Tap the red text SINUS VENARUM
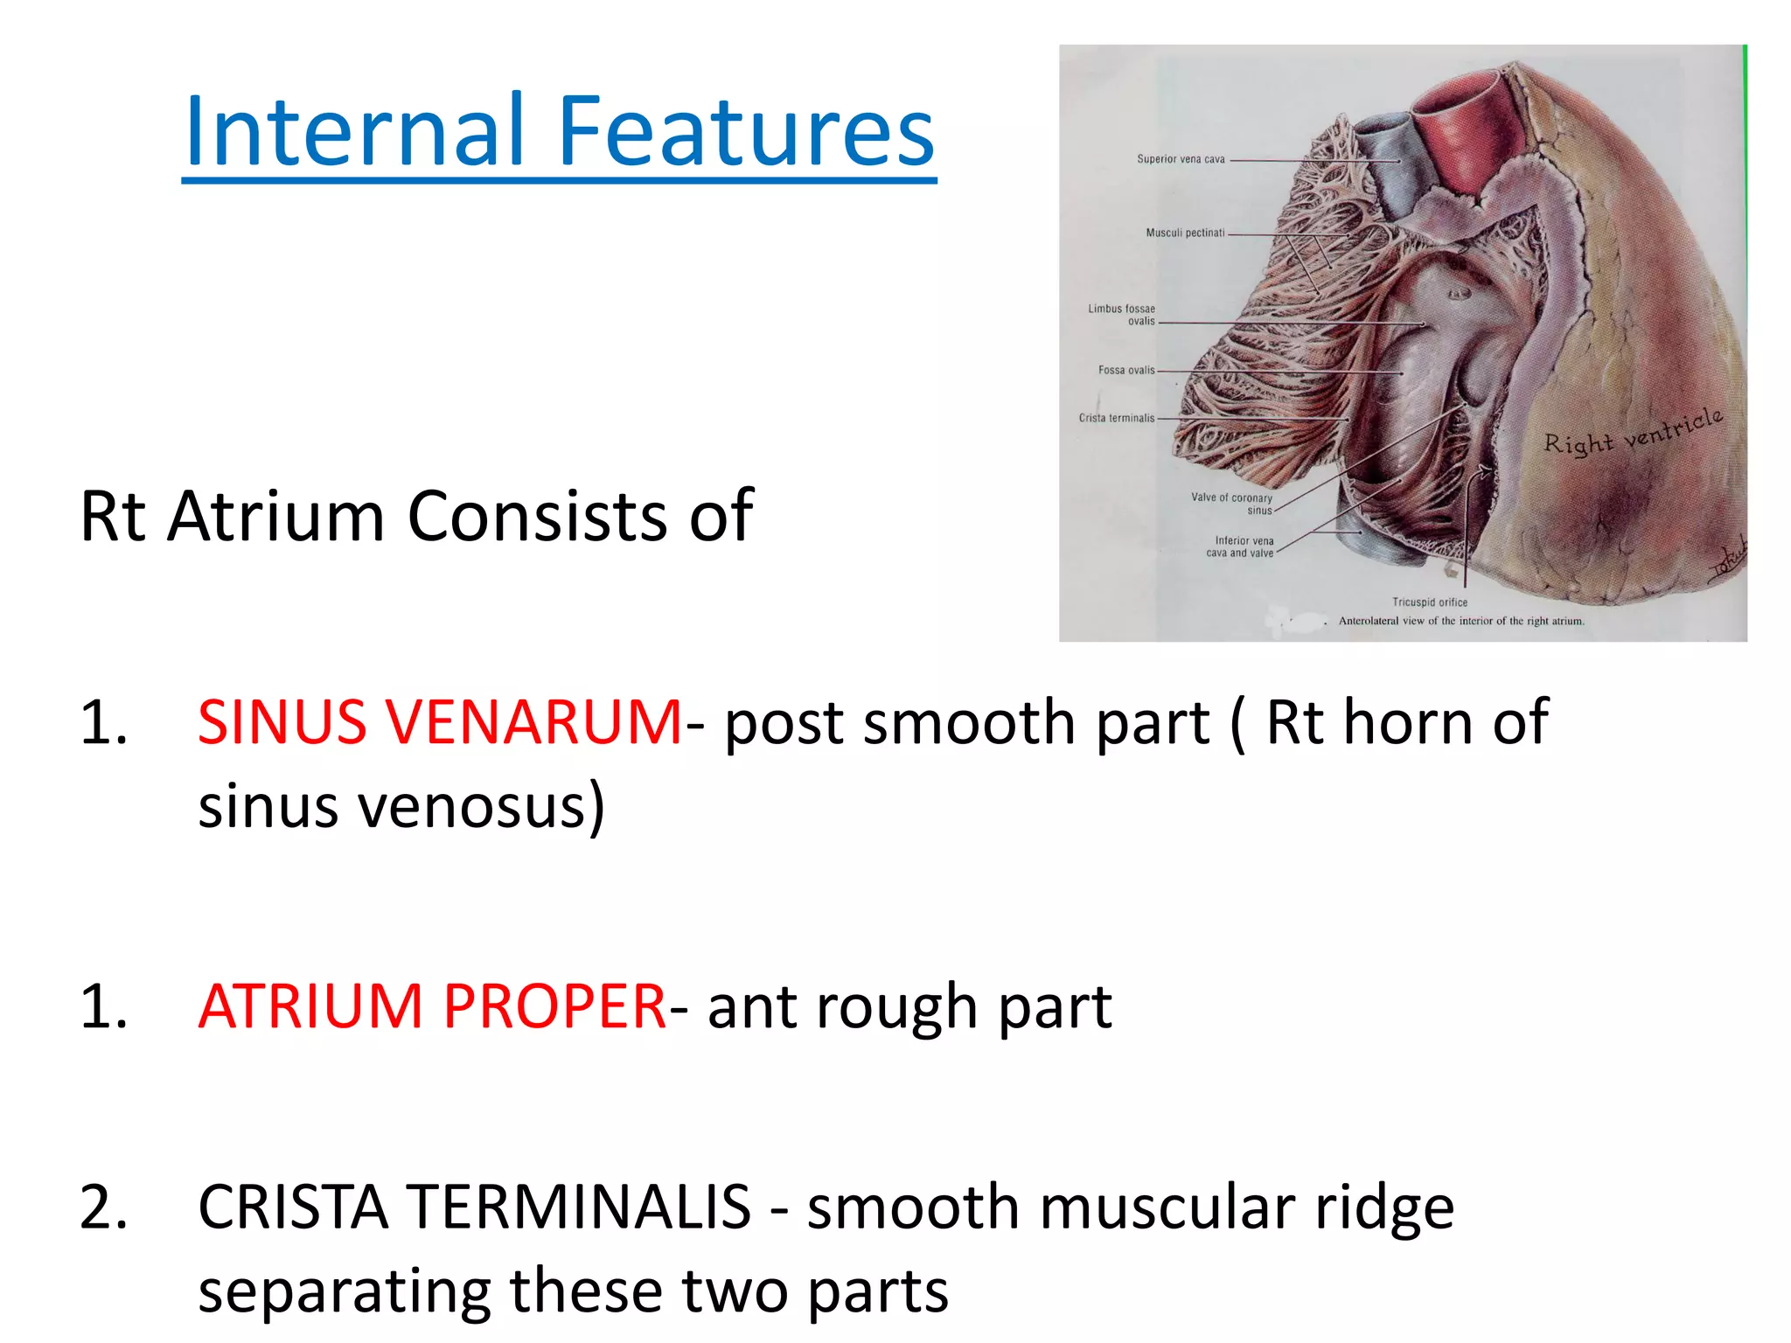[439, 722]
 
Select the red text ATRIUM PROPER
[433, 1006]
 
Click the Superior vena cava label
[1181, 159]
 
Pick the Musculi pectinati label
[1185, 233]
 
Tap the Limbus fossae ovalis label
[1122, 315]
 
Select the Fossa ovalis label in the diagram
[1126, 371]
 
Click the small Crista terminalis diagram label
[1117, 419]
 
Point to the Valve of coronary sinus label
[1232, 504]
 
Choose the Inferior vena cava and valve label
[1243, 546]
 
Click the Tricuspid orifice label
[1430, 602]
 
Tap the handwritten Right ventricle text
[1633, 432]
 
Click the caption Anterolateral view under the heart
[1460, 622]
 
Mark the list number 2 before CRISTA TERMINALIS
[103, 1207]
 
